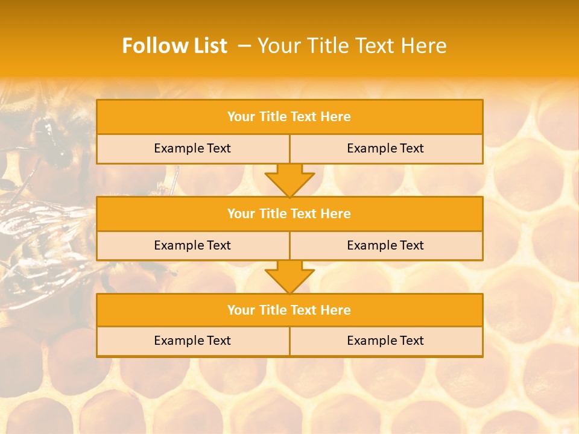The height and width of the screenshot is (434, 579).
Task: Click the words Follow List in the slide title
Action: click(x=174, y=46)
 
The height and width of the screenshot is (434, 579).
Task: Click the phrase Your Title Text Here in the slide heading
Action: click(x=352, y=46)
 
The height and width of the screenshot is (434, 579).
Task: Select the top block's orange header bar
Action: click(x=289, y=117)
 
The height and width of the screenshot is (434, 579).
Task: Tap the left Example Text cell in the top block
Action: click(x=192, y=148)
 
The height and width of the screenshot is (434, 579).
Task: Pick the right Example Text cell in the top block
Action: click(x=385, y=148)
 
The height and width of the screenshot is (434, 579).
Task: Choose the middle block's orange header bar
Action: click(x=289, y=213)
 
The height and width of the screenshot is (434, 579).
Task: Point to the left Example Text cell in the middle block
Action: click(x=192, y=245)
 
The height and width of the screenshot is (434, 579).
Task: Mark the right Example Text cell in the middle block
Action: click(x=385, y=245)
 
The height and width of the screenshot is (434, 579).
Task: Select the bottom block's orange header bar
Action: click(x=289, y=310)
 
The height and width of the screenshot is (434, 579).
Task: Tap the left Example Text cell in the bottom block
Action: click(x=192, y=341)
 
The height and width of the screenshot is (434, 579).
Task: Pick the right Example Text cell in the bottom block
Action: click(x=385, y=341)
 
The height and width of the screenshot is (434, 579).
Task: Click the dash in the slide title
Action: click(x=244, y=46)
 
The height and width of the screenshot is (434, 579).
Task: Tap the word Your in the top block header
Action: click(x=241, y=117)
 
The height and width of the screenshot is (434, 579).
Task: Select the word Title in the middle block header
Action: click(x=273, y=213)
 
